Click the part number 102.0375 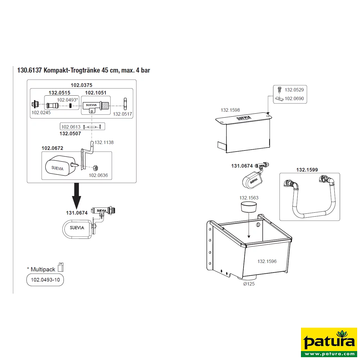[82, 85]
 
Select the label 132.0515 [59, 93]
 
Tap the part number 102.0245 [41, 113]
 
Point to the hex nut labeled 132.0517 [125, 104]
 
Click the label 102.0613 [71, 127]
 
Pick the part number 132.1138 [104, 142]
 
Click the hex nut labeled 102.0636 [96, 168]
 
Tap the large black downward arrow [76, 196]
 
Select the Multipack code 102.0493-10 [45, 280]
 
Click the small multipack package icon [61, 267]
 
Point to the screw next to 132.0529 [280, 90]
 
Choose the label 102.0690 [294, 98]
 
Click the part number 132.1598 [230, 110]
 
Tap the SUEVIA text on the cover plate [244, 118]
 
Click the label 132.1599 [307, 170]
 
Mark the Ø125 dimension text [249, 284]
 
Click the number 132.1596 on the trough [267, 261]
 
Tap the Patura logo [329, 343]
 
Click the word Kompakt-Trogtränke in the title [71, 70]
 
